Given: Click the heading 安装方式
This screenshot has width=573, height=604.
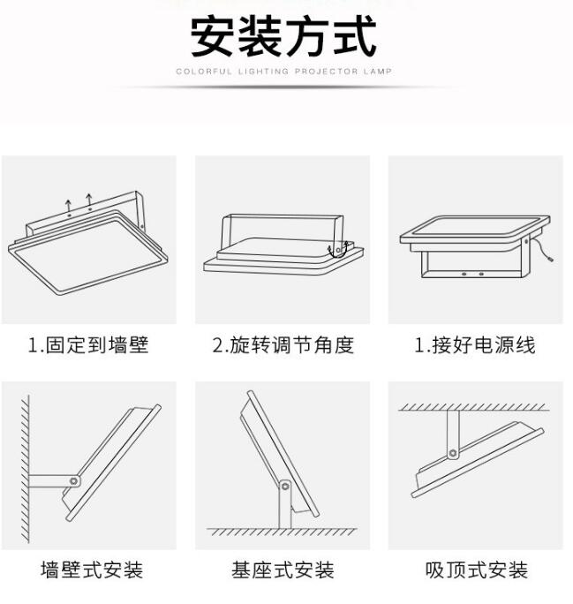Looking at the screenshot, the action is point(283,37).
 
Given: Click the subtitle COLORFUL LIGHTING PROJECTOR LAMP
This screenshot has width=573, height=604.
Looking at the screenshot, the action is point(283,72).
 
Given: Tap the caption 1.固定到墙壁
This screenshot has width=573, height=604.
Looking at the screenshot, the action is point(88,344).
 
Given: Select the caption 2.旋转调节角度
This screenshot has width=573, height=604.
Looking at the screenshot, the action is point(283,344).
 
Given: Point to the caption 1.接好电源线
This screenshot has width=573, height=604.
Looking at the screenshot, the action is point(475,344).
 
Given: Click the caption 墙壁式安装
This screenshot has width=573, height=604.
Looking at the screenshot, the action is point(92,570).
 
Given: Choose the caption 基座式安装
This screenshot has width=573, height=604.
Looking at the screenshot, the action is point(283,570).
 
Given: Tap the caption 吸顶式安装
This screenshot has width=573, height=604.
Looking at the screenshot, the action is point(477,570).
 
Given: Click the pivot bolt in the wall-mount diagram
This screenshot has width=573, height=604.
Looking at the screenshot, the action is point(73,481).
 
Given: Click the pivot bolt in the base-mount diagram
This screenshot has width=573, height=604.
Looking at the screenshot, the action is point(285,487).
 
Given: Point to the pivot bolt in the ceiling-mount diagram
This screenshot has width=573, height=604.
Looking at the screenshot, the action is point(453,453).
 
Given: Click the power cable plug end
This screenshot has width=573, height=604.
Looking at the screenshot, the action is point(551,260).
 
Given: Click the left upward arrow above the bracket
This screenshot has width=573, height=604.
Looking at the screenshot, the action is point(68,206).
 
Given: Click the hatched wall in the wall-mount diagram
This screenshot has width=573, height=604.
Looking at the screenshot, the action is point(25,469).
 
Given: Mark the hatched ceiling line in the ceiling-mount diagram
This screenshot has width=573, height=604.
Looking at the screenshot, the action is point(473,407).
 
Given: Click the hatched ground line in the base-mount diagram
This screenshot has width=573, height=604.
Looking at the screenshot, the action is point(282,532).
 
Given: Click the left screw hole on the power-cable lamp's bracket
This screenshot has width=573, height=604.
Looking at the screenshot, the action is point(464,274).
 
